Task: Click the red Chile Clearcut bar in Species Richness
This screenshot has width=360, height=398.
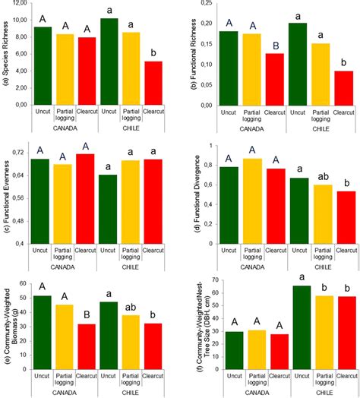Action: (155, 83)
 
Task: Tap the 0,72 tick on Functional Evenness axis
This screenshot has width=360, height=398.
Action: (21, 153)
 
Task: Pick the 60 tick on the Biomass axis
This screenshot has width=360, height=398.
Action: (23, 283)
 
